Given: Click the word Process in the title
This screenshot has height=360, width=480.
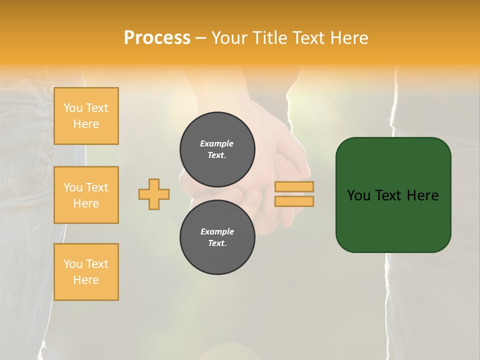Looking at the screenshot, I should point(157,38).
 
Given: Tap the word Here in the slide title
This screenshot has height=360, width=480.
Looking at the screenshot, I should point(346,38).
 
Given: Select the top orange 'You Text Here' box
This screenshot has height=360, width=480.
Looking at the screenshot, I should point(86,116).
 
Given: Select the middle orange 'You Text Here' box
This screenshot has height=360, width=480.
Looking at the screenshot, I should point(86,195).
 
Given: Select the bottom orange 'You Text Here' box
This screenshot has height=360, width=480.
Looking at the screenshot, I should point(86,272).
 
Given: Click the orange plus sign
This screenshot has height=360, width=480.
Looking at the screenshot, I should point(154,194).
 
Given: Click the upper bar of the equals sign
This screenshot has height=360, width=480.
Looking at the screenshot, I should point(294,186).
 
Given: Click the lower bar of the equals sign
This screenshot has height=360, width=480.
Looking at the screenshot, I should point(294,201).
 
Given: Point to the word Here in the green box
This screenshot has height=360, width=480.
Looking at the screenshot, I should point(422,195).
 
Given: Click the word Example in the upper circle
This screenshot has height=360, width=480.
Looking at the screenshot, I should point(217,143).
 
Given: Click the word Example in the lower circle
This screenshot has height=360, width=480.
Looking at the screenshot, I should point(217,231).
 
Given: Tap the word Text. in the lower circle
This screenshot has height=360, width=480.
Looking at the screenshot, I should point(217,243).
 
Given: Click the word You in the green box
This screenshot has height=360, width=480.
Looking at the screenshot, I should point(358,195).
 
